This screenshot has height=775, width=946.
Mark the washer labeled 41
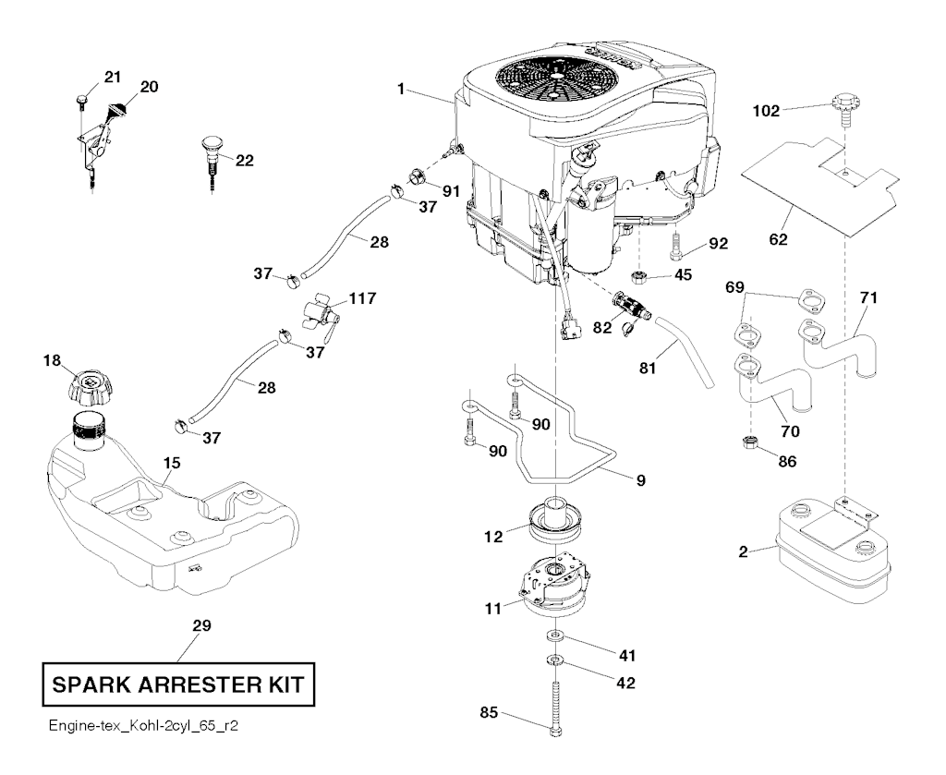(x=556, y=636)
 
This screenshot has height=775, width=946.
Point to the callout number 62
(x=778, y=239)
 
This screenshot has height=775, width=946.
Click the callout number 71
(x=868, y=297)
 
